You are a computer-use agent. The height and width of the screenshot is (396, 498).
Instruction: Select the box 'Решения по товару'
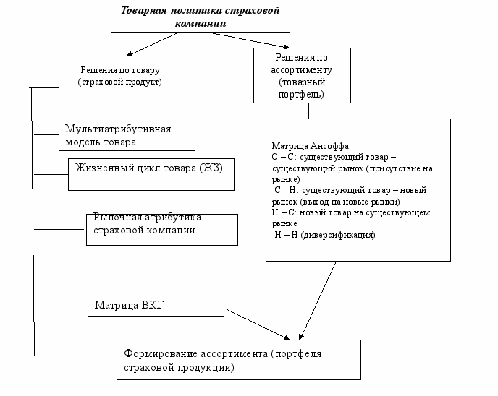pos(119,76)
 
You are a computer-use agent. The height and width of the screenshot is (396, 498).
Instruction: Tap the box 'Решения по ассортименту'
pos(303,75)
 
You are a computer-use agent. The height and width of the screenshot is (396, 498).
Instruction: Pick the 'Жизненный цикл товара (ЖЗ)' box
pos(151,173)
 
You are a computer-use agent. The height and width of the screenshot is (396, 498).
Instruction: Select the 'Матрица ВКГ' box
pos(156,304)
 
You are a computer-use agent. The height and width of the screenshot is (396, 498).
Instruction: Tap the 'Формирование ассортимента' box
pos(238,359)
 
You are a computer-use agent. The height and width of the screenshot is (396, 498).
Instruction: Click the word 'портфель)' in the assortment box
pos(303,95)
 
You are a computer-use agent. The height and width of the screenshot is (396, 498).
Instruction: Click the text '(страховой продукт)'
pos(119,82)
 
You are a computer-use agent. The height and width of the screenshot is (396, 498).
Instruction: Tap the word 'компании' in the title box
pos(201,23)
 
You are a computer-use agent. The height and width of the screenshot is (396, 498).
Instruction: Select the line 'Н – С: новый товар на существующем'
pos(351,213)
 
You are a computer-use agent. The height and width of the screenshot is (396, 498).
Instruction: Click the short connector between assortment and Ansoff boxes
pos(309,111)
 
